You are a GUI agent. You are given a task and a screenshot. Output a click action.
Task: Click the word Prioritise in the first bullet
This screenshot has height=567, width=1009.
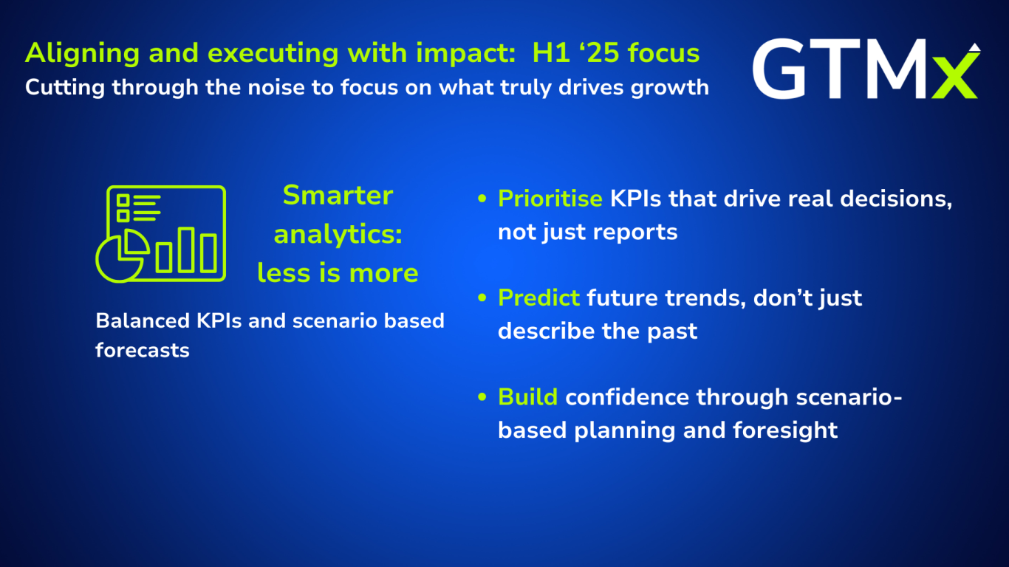click(550, 199)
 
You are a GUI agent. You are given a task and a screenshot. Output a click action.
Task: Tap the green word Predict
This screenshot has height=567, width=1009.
click(538, 298)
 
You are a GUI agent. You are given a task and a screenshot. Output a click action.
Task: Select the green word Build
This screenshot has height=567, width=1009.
click(528, 397)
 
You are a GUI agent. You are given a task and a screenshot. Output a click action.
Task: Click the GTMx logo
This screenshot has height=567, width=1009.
click(866, 69)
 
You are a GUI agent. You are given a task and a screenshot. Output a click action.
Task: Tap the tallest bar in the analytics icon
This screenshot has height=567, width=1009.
click(186, 250)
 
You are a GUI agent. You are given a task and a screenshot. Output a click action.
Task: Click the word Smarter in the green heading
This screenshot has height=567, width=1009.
click(338, 196)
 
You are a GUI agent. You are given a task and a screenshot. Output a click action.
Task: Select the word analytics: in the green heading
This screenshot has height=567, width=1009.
click(338, 236)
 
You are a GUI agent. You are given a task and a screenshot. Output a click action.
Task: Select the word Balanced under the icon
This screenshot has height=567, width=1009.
click(143, 321)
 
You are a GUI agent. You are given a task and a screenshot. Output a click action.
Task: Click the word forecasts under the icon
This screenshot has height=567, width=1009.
click(143, 351)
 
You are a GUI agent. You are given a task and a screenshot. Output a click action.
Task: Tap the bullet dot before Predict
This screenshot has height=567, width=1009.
click(482, 298)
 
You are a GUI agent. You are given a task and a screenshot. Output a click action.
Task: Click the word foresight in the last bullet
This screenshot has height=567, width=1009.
click(785, 430)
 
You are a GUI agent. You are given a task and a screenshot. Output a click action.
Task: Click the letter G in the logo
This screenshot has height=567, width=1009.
click(779, 69)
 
